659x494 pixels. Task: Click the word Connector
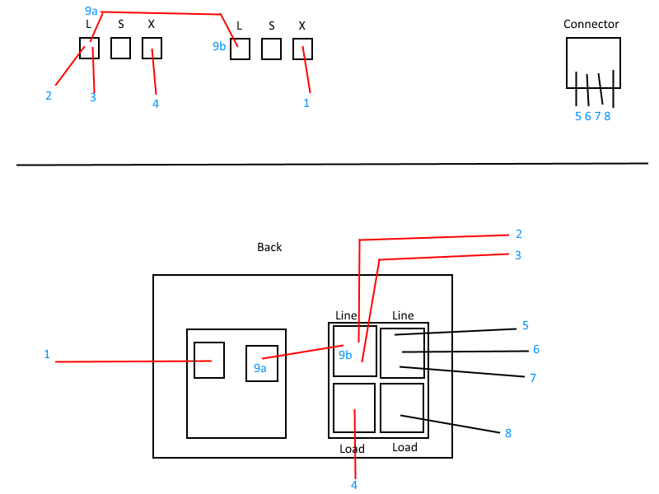coord(591,24)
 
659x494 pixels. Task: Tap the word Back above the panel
coord(269,247)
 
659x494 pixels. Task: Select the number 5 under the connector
coord(578,116)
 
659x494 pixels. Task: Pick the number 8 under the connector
coord(607,116)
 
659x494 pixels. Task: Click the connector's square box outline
coord(594,62)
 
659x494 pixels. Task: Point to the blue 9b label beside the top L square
coord(220,47)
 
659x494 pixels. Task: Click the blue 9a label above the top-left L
coord(91,11)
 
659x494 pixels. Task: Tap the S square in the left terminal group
coord(120,49)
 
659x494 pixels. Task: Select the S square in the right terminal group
coord(271,49)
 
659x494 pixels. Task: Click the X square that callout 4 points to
coord(152,49)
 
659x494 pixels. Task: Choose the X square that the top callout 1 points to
coord(302,49)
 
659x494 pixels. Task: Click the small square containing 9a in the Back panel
coord(262,363)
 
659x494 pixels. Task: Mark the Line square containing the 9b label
coord(355,351)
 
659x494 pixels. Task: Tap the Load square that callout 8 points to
coord(402,408)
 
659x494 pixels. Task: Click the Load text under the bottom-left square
coord(352,450)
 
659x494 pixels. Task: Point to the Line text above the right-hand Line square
coord(403,315)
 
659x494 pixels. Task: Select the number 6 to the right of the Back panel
coord(535,349)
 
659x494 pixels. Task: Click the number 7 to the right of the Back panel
coord(532,378)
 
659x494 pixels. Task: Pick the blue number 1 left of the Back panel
coord(47,354)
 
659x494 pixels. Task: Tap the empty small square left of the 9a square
coord(209,360)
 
